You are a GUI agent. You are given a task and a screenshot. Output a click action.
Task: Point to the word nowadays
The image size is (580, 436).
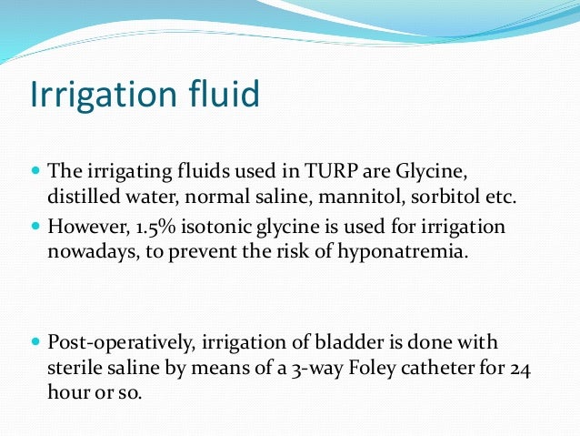(84, 252)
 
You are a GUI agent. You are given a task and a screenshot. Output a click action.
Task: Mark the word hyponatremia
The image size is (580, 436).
(414, 252)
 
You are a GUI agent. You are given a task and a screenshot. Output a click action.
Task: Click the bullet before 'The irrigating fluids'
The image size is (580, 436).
(35, 171)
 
